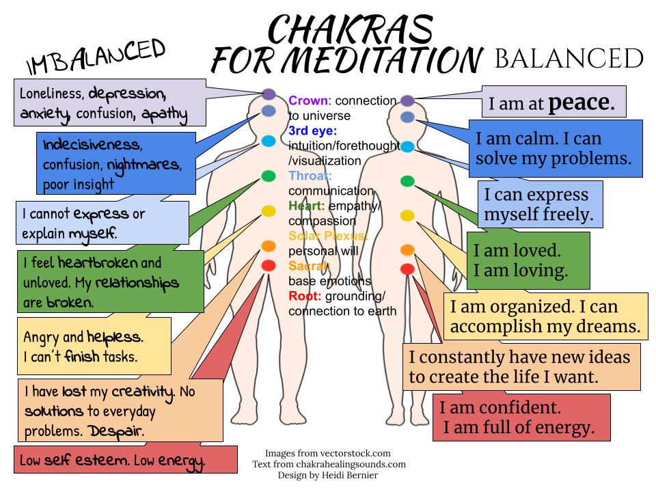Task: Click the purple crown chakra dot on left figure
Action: tap(269, 94)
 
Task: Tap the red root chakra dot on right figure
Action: tap(407, 269)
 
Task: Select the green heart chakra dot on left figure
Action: tap(269, 176)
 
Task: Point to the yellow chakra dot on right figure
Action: tap(407, 216)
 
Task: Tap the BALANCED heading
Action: tap(567, 59)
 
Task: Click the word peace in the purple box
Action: tap(582, 102)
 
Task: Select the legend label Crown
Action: tap(307, 100)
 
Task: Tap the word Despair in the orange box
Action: tap(115, 431)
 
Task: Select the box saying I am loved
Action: tap(528, 260)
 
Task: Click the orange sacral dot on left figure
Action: tap(269, 246)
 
